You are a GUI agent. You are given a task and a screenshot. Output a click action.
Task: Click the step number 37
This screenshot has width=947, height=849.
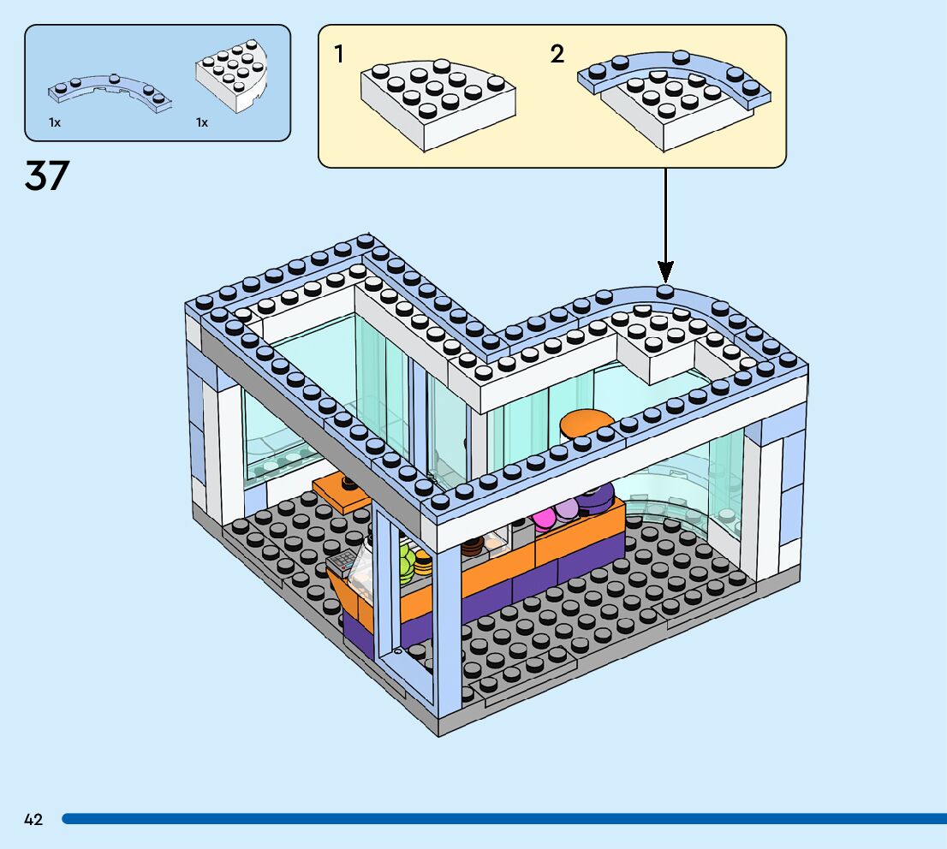47,175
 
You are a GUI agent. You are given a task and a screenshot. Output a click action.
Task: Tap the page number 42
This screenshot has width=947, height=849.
33,820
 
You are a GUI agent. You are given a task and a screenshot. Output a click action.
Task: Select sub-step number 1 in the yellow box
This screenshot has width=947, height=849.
339,54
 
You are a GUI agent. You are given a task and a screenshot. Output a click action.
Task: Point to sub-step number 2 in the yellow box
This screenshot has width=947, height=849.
557,54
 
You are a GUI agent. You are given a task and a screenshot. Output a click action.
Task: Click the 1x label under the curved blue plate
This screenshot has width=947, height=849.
55,122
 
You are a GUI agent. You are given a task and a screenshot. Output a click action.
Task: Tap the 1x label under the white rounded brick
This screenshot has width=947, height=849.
202,122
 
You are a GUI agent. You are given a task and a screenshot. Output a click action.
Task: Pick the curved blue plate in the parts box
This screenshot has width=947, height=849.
110,92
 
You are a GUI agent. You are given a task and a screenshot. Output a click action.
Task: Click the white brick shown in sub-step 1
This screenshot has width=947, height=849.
438,103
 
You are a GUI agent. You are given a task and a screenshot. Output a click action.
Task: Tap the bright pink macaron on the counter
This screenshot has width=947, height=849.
545,519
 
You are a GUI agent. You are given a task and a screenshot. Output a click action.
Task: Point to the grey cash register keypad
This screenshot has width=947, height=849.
343,561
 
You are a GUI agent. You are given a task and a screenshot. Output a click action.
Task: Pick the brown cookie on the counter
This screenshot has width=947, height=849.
471,545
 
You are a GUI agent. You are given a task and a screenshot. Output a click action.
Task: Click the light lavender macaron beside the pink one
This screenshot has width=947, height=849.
566,511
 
